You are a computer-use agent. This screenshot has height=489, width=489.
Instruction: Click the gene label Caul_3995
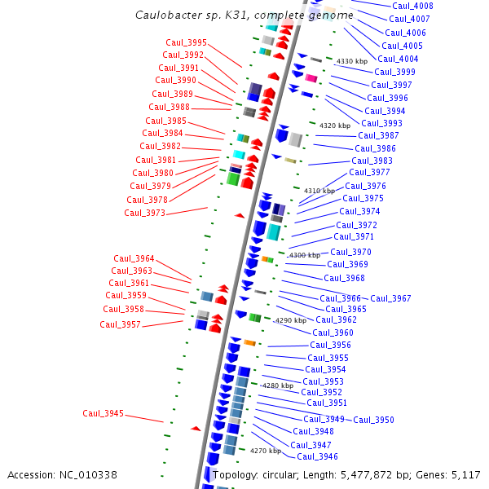[x=186, y=42]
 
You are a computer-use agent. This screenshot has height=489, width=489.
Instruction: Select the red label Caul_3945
[x=103, y=413]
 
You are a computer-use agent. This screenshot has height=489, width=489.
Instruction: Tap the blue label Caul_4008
[x=412, y=6]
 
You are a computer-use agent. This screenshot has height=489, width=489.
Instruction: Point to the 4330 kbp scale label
[x=352, y=61]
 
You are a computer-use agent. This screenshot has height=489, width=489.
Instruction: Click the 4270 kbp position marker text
[x=265, y=451]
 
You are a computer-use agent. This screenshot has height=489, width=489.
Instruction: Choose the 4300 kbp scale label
[x=305, y=255]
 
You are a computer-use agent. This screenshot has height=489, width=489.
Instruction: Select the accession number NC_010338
[x=85, y=474]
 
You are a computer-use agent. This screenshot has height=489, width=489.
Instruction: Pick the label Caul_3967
[x=390, y=298]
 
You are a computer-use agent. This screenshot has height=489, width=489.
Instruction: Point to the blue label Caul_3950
[x=373, y=420]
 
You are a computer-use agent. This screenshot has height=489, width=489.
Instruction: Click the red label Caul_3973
[x=144, y=213]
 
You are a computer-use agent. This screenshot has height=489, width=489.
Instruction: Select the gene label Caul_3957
[x=120, y=324]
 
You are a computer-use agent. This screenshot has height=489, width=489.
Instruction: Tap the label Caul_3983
[x=372, y=161]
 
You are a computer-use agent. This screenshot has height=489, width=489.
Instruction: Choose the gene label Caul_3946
[x=317, y=456]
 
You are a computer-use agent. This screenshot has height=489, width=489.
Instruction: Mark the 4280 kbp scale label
[x=277, y=385]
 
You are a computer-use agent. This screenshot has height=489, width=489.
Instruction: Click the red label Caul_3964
[x=134, y=258]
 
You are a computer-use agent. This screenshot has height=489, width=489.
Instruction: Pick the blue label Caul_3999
[x=394, y=72]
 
